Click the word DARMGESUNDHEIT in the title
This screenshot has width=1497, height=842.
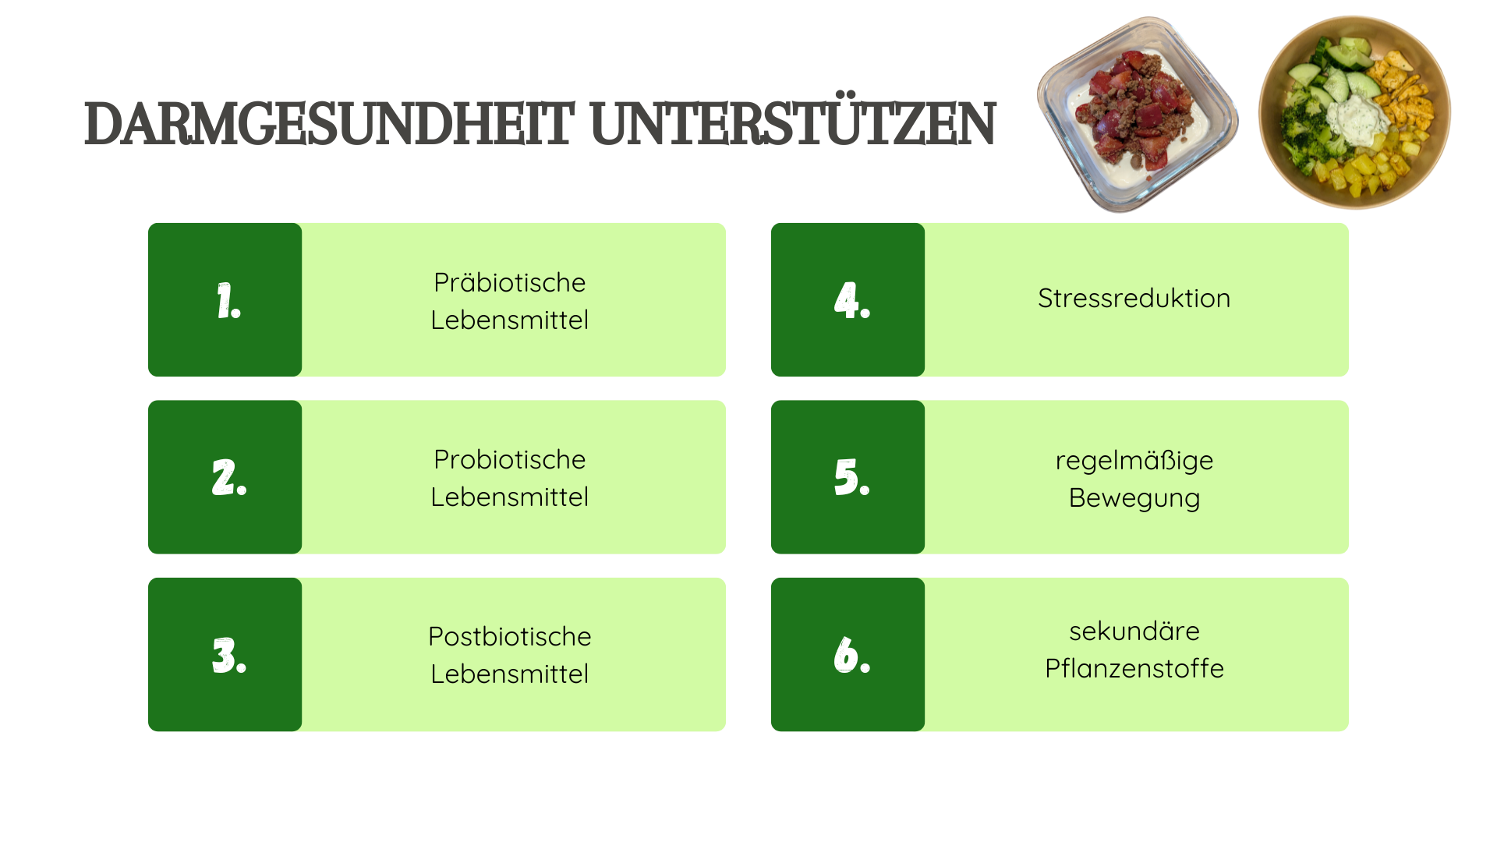click(x=329, y=123)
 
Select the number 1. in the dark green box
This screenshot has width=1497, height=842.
click(x=228, y=301)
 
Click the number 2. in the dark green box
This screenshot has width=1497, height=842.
click(x=229, y=477)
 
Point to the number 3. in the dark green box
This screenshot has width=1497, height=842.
click(x=229, y=655)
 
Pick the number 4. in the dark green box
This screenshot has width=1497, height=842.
click(x=852, y=301)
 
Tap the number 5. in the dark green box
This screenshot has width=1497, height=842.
click(x=852, y=477)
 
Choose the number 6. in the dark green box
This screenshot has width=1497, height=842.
click(x=852, y=655)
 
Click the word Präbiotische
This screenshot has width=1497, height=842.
click(x=509, y=282)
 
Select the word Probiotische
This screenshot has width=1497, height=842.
click(x=509, y=459)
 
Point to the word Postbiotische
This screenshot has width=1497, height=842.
click(x=509, y=636)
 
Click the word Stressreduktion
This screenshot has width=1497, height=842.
click(x=1134, y=298)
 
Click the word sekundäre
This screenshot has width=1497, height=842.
click(x=1134, y=631)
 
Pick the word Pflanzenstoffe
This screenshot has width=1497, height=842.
click(x=1134, y=668)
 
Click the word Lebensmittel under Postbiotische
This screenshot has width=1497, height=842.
click(x=509, y=674)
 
